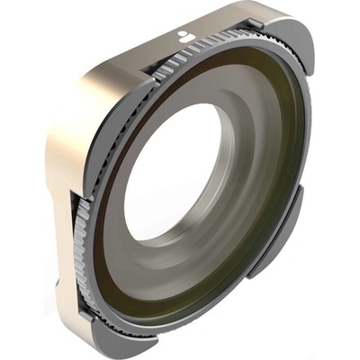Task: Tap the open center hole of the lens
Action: coord(172,171)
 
